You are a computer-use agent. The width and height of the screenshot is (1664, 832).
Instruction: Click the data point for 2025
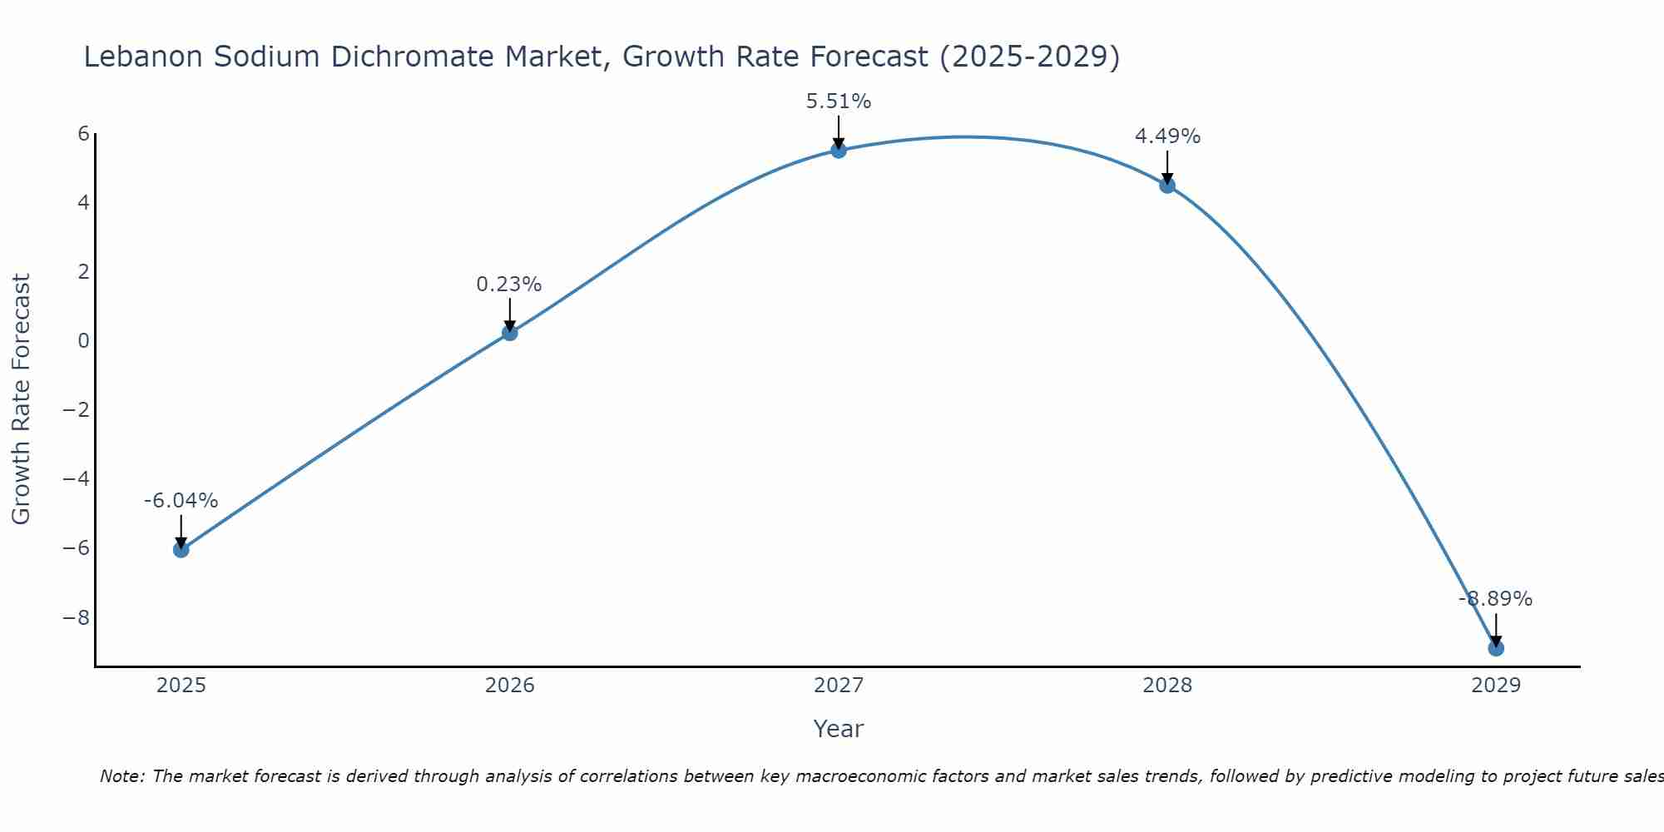point(181,549)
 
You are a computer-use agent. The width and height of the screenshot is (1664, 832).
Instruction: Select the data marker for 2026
point(509,333)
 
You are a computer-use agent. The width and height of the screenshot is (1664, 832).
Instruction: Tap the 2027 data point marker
point(838,151)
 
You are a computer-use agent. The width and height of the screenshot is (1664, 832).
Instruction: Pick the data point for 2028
point(1167,186)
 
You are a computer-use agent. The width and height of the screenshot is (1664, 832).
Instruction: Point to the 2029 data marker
point(1495,648)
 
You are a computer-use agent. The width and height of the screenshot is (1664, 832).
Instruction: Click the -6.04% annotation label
point(181,501)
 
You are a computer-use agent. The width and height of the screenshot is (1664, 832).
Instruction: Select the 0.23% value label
point(509,285)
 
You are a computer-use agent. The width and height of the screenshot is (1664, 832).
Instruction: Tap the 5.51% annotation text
point(838,102)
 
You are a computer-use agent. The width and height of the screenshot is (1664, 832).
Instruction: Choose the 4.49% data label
point(1167,136)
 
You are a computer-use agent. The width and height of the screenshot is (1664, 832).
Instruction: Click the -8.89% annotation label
point(1495,599)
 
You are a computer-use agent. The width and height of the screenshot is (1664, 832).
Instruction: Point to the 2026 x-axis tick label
point(509,686)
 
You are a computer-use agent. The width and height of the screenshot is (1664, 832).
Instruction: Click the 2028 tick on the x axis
point(1167,686)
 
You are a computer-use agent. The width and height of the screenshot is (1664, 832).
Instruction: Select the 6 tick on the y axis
point(83,134)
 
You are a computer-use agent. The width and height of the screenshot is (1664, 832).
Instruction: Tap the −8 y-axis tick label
point(77,618)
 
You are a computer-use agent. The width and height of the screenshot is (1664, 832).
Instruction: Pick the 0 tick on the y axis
point(83,341)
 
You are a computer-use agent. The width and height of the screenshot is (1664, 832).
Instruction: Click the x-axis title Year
point(838,729)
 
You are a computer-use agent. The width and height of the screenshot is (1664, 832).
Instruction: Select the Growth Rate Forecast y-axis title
point(22,399)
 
